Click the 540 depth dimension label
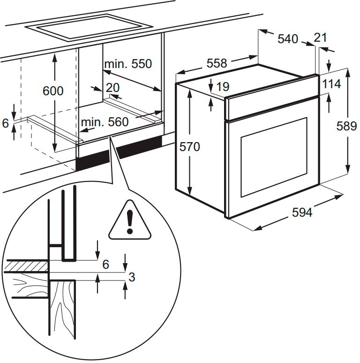click(287, 39)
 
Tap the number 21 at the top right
click(320, 38)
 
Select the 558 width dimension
click(217, 63)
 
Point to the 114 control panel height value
click(331, 84)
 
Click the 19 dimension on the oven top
click(223, 87)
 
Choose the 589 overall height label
click(346, 126)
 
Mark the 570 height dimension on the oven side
click(189, 147)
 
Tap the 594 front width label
click(302, 212)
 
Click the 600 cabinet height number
click(52, 91)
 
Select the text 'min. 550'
click(128, 64)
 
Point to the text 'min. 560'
click(104, 122)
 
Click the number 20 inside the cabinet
click(112, 87)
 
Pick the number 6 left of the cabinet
click(6, 123)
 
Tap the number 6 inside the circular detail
click(105, 265)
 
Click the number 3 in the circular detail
click(132, 277)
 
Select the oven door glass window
click(273, 157)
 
